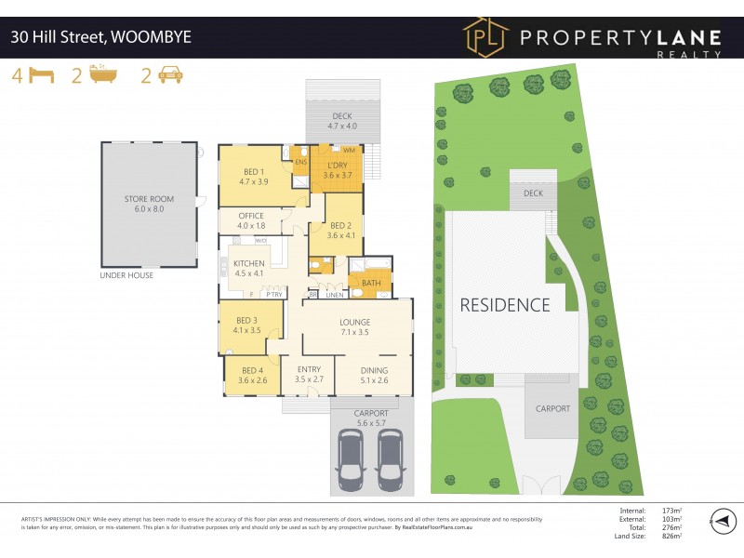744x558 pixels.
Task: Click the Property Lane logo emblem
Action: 485,37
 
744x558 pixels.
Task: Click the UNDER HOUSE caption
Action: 126,275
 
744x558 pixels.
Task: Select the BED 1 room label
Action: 254,171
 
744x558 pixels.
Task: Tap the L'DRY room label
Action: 337,165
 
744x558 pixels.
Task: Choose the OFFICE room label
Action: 251,216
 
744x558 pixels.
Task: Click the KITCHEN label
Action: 250,263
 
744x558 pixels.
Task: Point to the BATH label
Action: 371,283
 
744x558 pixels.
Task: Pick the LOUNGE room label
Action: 355,322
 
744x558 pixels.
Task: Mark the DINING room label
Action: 375,370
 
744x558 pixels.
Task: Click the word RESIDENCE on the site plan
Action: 505,304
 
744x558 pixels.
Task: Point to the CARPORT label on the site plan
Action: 551,408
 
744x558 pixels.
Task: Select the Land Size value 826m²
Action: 670,537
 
